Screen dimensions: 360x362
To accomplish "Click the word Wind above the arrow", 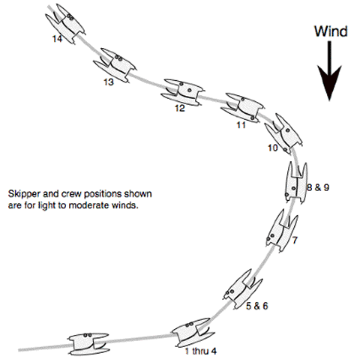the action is click(x=331, y=31).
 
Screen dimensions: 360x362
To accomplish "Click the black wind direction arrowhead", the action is click(x=329, y=83).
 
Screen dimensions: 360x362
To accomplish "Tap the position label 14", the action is click(x=57, y=39).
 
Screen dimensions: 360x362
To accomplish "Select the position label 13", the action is click(x=109, y=82).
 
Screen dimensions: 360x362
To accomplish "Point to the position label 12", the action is click(x=180, y=108).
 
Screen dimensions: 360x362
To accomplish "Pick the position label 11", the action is click(x=241, y=125).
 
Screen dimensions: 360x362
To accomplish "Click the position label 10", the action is click(x=273, y=148).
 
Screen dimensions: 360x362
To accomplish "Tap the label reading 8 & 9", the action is click(x=318, y=187).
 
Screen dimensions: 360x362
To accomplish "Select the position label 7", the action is click(x=295, y=240).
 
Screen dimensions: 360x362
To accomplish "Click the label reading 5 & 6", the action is click(x=256, y=306).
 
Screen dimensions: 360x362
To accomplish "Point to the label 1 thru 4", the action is click(x=200, y=351).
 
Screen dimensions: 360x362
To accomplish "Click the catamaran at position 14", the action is click(x=65, y=24).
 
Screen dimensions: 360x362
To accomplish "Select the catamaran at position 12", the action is click(x=182, y=93).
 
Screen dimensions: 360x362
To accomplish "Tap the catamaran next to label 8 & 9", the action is click(x=296, y=183).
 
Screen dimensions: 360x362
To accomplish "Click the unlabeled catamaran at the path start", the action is click(x=88, y=344).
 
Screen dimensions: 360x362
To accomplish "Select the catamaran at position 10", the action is click(x=284, y=134).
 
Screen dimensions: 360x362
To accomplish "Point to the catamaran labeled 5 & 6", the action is click(x=243, y=289).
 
